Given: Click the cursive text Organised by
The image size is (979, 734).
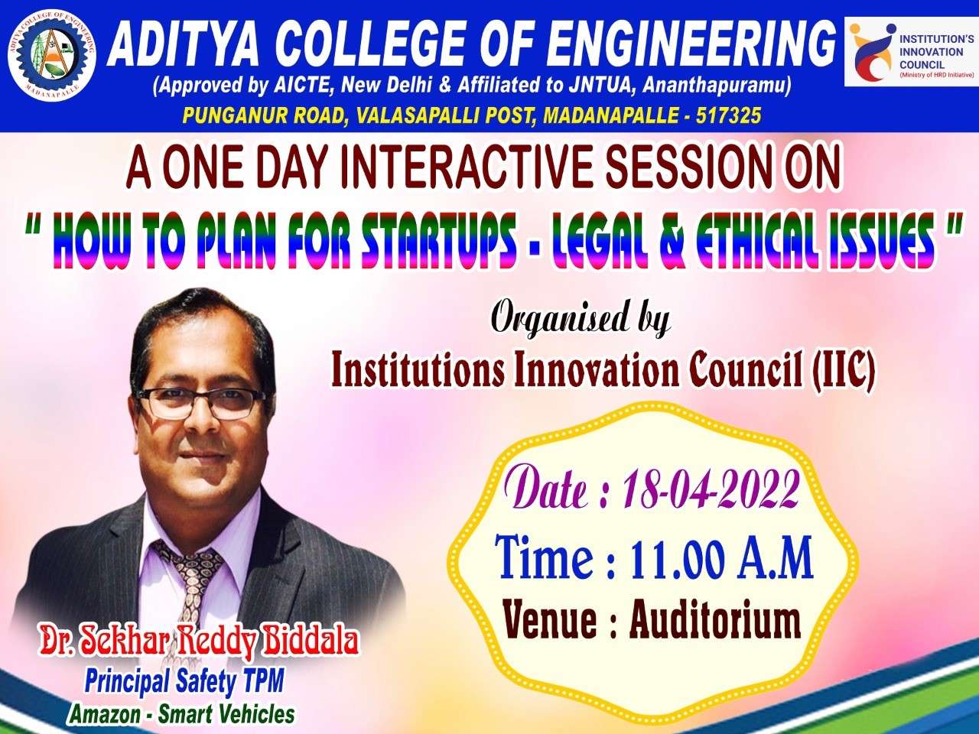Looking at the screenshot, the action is click(581, 318).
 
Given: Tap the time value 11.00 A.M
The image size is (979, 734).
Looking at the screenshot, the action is click(720, 558).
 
